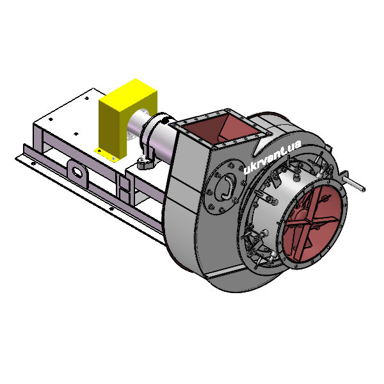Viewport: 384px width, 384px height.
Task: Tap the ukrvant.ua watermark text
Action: [x=273, y=157]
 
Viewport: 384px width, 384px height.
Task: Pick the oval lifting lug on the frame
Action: [x=77, y=172]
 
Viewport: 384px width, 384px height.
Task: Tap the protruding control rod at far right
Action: [x=355, y=184]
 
